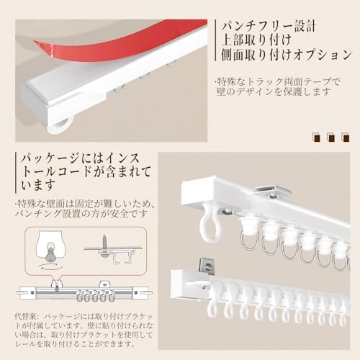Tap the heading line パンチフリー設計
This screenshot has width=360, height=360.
(x=268, y=26)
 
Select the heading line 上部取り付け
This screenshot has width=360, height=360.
(x=256, y=40)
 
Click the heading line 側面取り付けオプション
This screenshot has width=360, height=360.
(x=287, y=55)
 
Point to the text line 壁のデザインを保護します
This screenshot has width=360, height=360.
(x=273, y=92)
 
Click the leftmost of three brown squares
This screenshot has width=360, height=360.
(x=317, y=138)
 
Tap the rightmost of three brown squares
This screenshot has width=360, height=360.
(x=346, y=138)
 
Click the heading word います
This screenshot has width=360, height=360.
(x=37, y=184)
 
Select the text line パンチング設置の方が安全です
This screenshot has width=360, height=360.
(x=81, y=213)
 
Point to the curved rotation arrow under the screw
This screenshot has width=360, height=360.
(x=51, y=266)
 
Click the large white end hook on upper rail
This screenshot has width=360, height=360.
(x=209, y=222)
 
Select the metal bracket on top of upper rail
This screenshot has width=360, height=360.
(x=272, y=192)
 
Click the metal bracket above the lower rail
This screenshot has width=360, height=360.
(x=207, y=266)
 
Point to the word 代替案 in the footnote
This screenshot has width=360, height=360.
(x=24, y=316)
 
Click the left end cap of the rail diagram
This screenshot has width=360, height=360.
(x=26, y=293)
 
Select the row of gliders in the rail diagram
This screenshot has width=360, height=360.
(x=95, y=297)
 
